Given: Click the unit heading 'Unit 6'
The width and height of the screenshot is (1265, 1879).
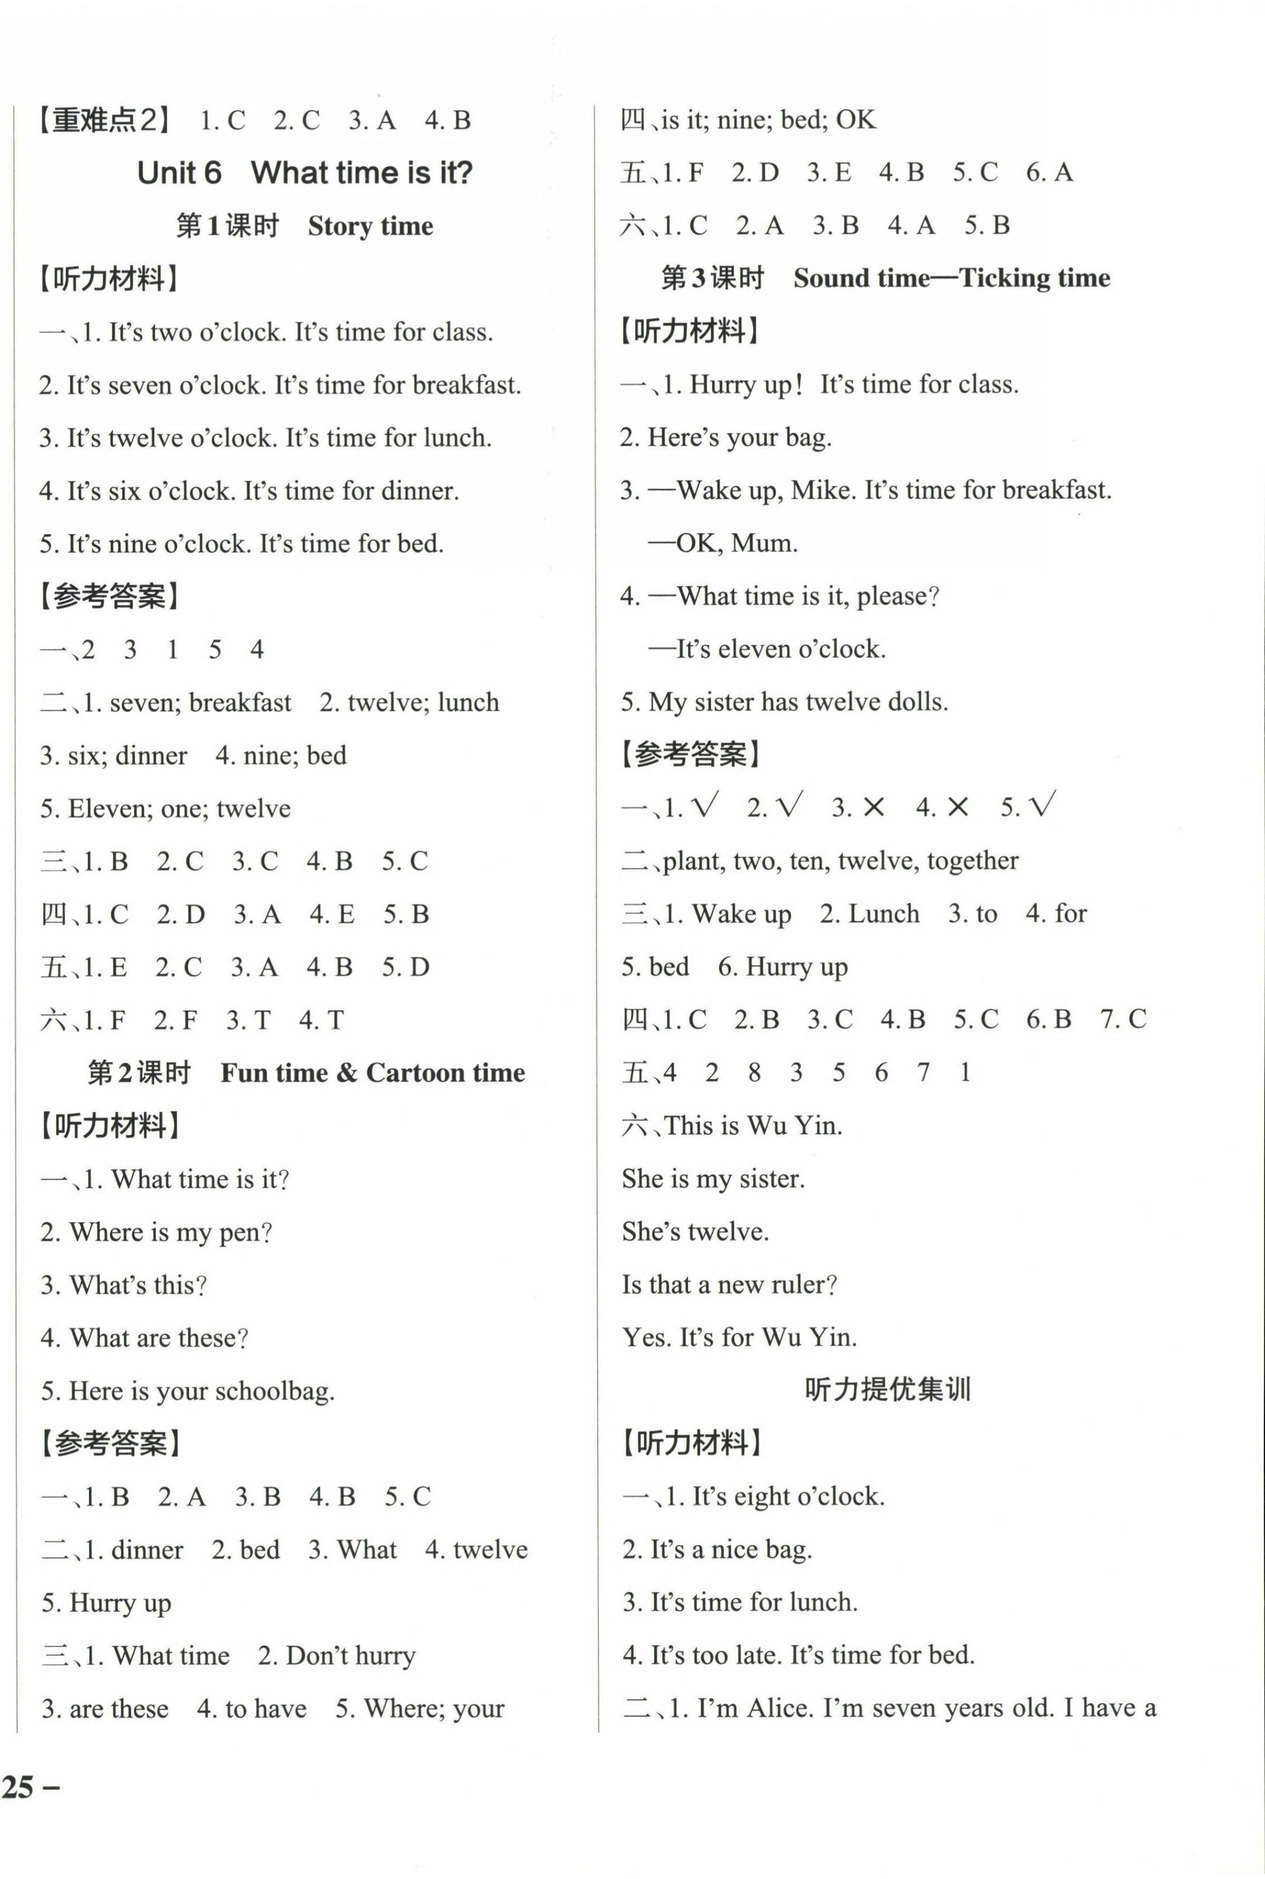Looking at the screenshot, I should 179,173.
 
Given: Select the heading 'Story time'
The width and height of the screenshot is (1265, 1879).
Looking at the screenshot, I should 370,226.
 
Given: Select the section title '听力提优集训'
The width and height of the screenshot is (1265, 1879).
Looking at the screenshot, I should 888,1390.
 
